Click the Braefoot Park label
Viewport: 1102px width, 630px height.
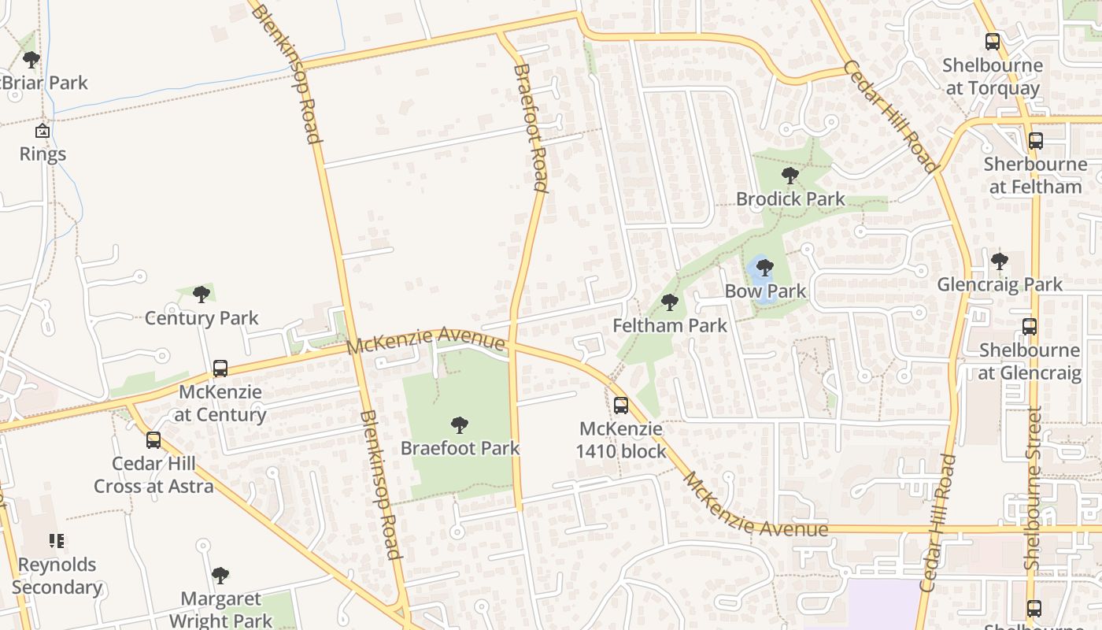click(x=460, y=448)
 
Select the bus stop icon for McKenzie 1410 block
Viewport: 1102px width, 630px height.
click(x=621, y=406)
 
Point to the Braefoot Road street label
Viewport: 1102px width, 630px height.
click(x=530, y=128)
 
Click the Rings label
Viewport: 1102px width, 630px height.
click(x=43, y=154)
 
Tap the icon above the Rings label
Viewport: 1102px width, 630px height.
click(x=43, y=131)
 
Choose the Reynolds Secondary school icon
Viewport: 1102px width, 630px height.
click(x=57, y=541)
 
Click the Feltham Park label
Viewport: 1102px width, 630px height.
click(x=670, y=324)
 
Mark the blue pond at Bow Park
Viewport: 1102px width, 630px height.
click(x=760, y=277)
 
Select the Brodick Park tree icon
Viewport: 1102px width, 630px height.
click(x=790, y=176)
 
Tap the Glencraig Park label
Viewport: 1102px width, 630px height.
click(x=1000, y=283)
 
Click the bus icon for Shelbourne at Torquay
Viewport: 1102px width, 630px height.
click(x=993, y=42)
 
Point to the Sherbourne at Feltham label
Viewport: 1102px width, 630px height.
click(x=1035, y=176)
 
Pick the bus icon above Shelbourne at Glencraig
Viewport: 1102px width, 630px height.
click(x=1029, y=327)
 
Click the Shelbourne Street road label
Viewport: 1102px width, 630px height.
click(x=1034, y=488)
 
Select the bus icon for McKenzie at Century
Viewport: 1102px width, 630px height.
click(x=220, y=369)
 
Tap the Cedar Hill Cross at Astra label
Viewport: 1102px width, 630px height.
click(x=153, y=475)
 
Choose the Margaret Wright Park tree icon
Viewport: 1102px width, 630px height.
click(x=220, y=576)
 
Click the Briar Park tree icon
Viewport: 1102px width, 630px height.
click(x=31, y=60)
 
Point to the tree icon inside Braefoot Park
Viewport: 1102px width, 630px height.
click(x=460, y=426)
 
